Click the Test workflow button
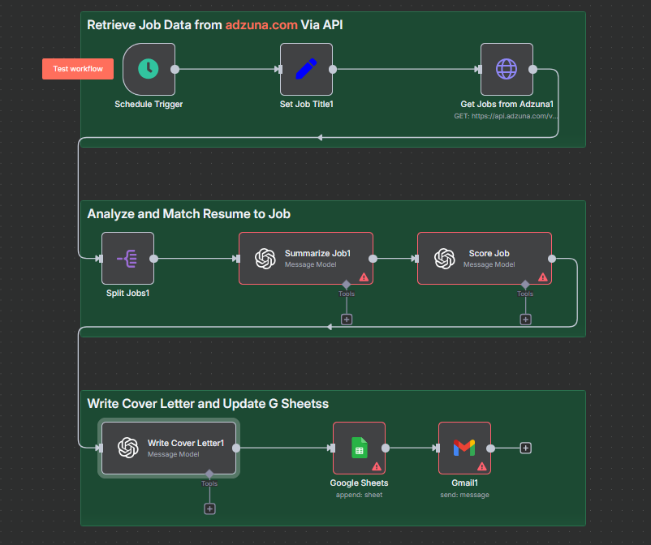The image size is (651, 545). pyautogui.click(x=78, y=69)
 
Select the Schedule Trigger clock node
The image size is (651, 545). pyautogui.click(x=149, y=69)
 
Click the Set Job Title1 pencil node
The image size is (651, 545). pyautogui.click(x=306, y=69)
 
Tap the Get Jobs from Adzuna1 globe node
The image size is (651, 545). pyautogui.click(x=507, y=69)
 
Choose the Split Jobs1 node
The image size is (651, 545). pyautogui.click(x=127, y=259)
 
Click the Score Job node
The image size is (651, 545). pyautogui.click(x=485, y=259)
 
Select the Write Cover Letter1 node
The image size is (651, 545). pyautogui.click(x=169, y=448)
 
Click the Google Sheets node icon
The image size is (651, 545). pyautogui.click(x=359, y=448)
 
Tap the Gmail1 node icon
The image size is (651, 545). pyautogui.click(x=464, y=448)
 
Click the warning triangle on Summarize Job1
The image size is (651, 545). pyautogui.click(x=364, y=277)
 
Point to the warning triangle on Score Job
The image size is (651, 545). pyautogui.click(x=542, y=277)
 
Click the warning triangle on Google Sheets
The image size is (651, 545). pyautogui.click(x=377, y=466)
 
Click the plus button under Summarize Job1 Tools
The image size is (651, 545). pyautogui.click(x=347, y=320)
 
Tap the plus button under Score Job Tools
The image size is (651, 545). pyautogui.click(x=525, y=320)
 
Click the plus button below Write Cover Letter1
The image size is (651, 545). pyautogui.click(x=209, y=509)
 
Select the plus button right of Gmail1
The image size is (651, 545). pyautogui.click(x=526, y=448)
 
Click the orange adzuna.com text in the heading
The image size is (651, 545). pyautogui.click(x=261, y=25)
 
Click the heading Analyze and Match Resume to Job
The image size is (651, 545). pyautogui.click(x=188, y=214)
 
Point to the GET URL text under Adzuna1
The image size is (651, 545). pyautogui.click(x=507, y=116)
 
